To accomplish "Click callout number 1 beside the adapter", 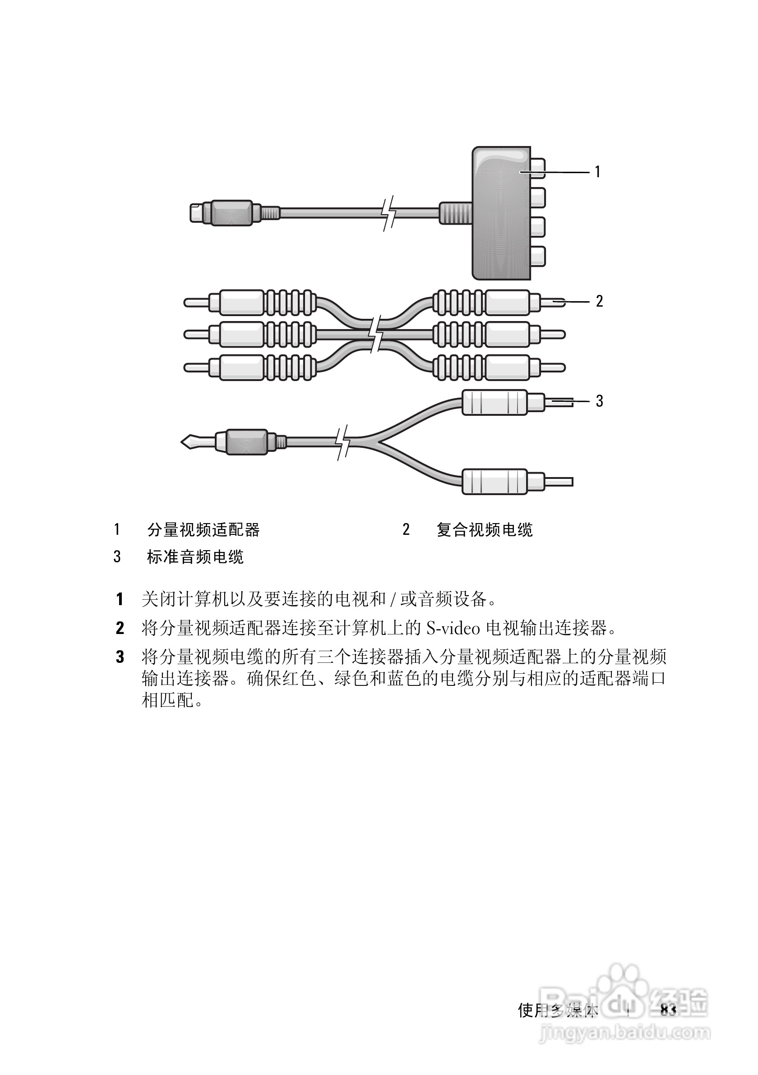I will pyautogui.click(x=597, y=172).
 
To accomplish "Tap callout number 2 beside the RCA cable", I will pyautogui.click(x=599, y=301).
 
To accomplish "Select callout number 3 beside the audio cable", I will pyautogui.click(x=599, y=401).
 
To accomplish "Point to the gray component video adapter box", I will pyautogui.click(x=500, y=213).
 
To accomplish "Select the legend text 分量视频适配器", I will pyautogui.click(x=203, y=530).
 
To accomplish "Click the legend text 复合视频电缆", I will pyautogui.click(x=485, y=530).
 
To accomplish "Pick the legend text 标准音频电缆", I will pyautogui.click(x=195, y=557).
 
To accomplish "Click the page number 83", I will pyautogui.click(x=668, y=1010).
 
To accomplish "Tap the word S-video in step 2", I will pyautogui.click(x=453, y=628).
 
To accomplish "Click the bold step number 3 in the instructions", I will pyautogui.click(x=120, y=657).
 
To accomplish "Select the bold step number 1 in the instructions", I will pyautogui.click(x=120, y=599).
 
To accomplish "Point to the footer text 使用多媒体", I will pyautogui.click(x=558, y=1011).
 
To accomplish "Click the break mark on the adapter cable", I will pyautogui.click(x=388, y=213).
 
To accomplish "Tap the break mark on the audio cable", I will pyautogui.click(x=343, y=442).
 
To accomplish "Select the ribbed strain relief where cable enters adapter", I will pyautogui.click(x=455, y=213).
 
